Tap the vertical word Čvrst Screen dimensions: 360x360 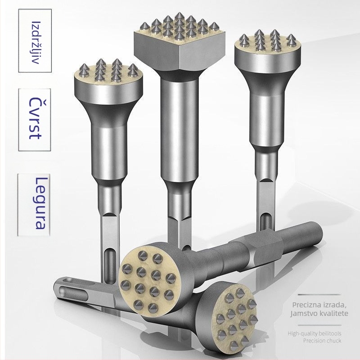tap(36, 118)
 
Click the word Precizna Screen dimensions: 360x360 tap(306, 305)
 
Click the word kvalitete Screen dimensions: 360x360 tap(335, 313)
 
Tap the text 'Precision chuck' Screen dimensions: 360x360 tap(322, 340)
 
